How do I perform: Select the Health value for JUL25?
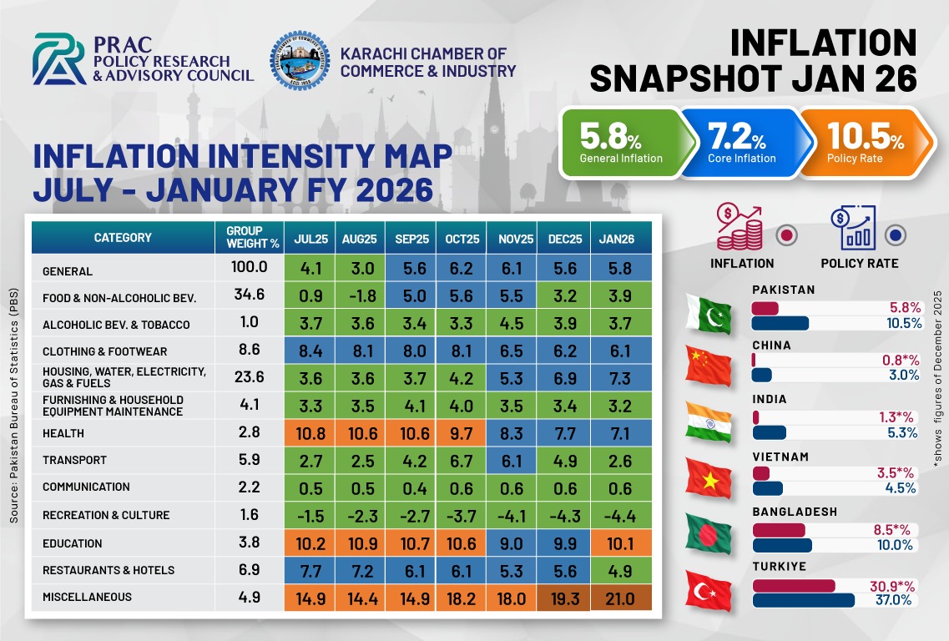(x=310, y=434)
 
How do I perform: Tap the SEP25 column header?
(x=411, y=239)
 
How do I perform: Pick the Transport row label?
(x=75, y=461)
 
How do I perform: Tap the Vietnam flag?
(x=708, y=478)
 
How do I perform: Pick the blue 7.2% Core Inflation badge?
(x=742, y=143)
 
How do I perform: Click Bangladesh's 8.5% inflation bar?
(x=779, y=530)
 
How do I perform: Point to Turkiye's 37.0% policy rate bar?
(x=804, y=600)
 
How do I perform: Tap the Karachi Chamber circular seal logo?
(x=300, y=59)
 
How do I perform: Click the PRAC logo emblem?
(x=59, y=59)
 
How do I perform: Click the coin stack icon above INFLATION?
(x=740, y=229)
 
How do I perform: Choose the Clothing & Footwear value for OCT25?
(x=462, y=352)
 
